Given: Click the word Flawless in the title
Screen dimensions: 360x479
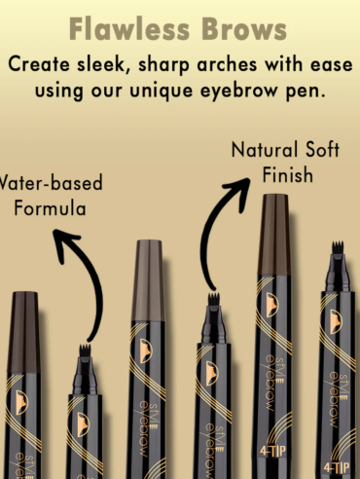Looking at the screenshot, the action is click(129, 29).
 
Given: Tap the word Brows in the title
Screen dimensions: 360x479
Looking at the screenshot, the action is click(244, 29).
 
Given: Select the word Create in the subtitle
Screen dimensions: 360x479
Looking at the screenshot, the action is click(39, 64).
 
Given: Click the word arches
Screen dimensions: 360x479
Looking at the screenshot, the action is click(227, 64).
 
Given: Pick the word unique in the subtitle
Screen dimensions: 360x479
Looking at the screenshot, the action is click(162, 92).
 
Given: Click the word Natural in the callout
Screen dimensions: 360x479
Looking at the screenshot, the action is click(265, 150).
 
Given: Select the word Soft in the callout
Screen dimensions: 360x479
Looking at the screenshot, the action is click(323, 150).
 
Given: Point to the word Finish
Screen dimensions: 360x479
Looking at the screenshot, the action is click(288, 175).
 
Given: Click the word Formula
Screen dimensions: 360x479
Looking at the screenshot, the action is click(50, 208).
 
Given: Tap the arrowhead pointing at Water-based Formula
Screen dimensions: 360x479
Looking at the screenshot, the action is click(64, 241).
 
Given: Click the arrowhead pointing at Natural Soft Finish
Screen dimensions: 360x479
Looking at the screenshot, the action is click(239, 192).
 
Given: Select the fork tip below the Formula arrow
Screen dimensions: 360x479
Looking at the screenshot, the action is click(85, 350).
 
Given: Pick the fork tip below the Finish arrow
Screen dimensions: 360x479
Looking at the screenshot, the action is click(214, 299).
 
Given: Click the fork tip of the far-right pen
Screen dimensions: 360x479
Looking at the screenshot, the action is click(338, 247).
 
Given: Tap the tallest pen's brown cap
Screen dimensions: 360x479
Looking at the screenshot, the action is click(274, 236).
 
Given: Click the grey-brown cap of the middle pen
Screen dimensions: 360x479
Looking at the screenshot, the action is click(148, 280).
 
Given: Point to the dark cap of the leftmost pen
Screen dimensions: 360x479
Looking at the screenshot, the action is click(23, 332).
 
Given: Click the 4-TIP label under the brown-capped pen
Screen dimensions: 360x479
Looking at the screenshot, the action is click(273, 451).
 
